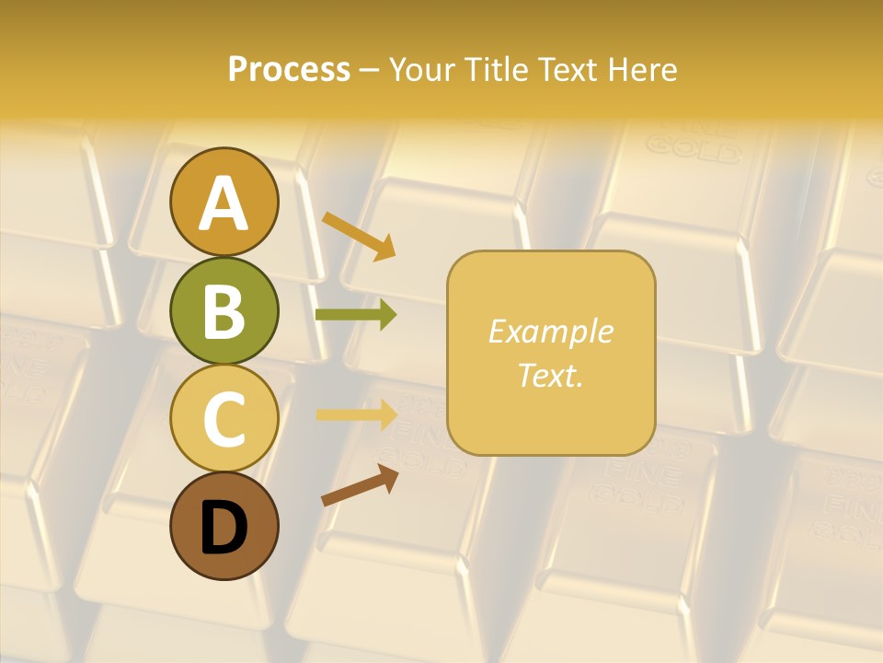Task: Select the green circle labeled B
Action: [x=224, y=310]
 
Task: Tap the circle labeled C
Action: [x=224, y=418]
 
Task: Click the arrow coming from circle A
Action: [x=359, y=236]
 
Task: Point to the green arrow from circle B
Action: [x=356, y=314]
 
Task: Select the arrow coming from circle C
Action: [x=356, y=413]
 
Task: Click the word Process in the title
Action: [x=289, y=69]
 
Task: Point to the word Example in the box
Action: [x=550, y=331]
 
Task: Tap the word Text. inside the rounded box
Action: [x=550, y=375]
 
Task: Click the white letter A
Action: [x=224, y=204]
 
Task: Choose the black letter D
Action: [x=224, y=528]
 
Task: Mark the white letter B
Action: [x=224, y=310]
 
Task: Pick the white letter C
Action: [x=224, y=418]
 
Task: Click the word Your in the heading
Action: [x=424, y=69]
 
